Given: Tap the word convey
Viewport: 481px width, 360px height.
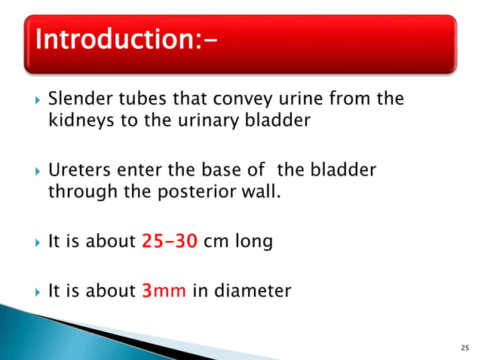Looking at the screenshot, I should (x=222, y=99).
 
